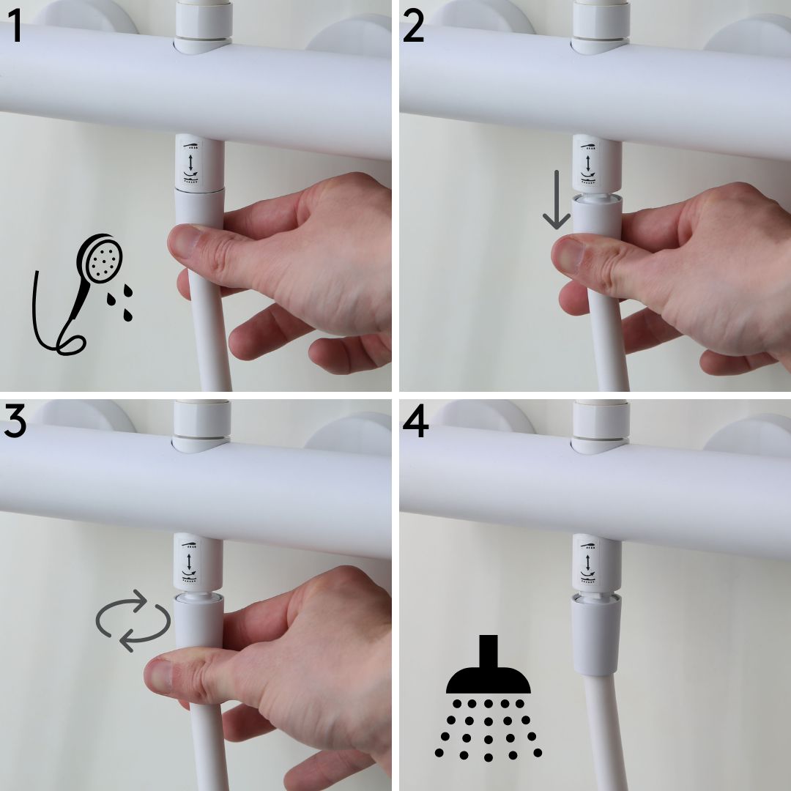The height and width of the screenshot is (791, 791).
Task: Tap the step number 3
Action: coord(16,425)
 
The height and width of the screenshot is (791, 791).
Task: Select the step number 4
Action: coord(415,425)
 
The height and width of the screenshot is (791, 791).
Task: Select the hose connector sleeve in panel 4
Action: coord(595,634)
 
